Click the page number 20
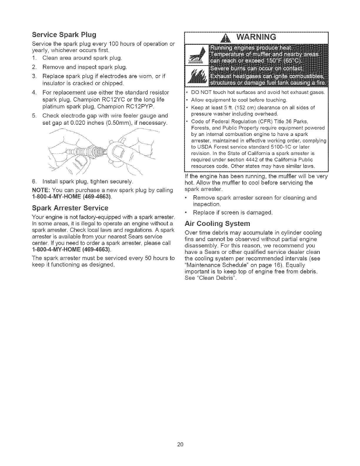tap(180, 444)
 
